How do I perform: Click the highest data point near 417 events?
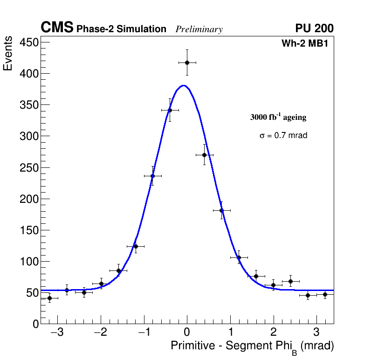(187, 62)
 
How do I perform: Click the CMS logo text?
(57, 28)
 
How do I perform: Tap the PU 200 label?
(314, 28)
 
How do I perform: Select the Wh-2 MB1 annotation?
(307, 44)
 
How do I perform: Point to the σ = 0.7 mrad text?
(283, 136)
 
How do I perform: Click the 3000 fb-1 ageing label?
(278, 117)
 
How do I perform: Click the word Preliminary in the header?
(199, 29)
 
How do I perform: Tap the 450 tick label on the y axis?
(28, 42)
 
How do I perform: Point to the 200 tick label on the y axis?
(28, 199)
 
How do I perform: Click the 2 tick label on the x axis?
(274, 333)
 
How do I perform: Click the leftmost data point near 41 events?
(49, 298)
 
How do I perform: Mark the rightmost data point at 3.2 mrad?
(325, 294)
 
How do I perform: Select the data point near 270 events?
(204, 155)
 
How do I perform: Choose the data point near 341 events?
(170, 111)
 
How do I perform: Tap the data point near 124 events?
(136, 246)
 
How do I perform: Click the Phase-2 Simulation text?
(121, 29)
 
